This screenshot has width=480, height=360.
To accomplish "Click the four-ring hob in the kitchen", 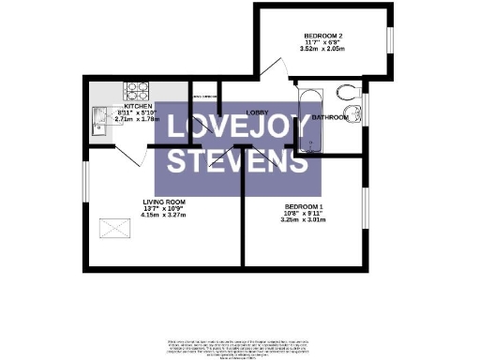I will (137, 91).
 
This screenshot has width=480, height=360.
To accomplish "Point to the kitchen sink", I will (100, 118).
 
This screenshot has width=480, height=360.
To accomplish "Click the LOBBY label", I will (259, 112).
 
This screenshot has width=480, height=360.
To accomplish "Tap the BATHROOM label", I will (330, 118).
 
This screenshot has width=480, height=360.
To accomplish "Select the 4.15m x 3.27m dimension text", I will (165, 215).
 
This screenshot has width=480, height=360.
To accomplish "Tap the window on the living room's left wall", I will (85, 187).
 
